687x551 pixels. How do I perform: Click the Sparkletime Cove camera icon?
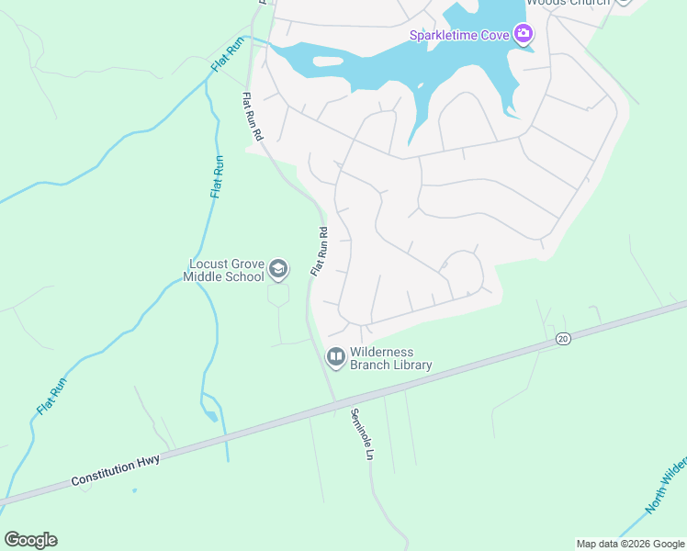523,35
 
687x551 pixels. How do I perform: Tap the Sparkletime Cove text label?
459,36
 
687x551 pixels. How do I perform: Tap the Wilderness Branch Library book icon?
336,356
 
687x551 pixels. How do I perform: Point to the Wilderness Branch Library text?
390,358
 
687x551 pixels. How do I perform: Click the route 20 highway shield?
563,339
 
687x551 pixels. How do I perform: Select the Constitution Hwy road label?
116,470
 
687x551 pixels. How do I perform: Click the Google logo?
30,539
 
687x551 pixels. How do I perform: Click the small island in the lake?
328,62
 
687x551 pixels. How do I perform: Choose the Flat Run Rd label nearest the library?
319,252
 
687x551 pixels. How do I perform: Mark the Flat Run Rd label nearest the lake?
253,116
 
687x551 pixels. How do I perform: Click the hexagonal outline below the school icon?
278,295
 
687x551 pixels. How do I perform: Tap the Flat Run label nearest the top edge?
229,55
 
